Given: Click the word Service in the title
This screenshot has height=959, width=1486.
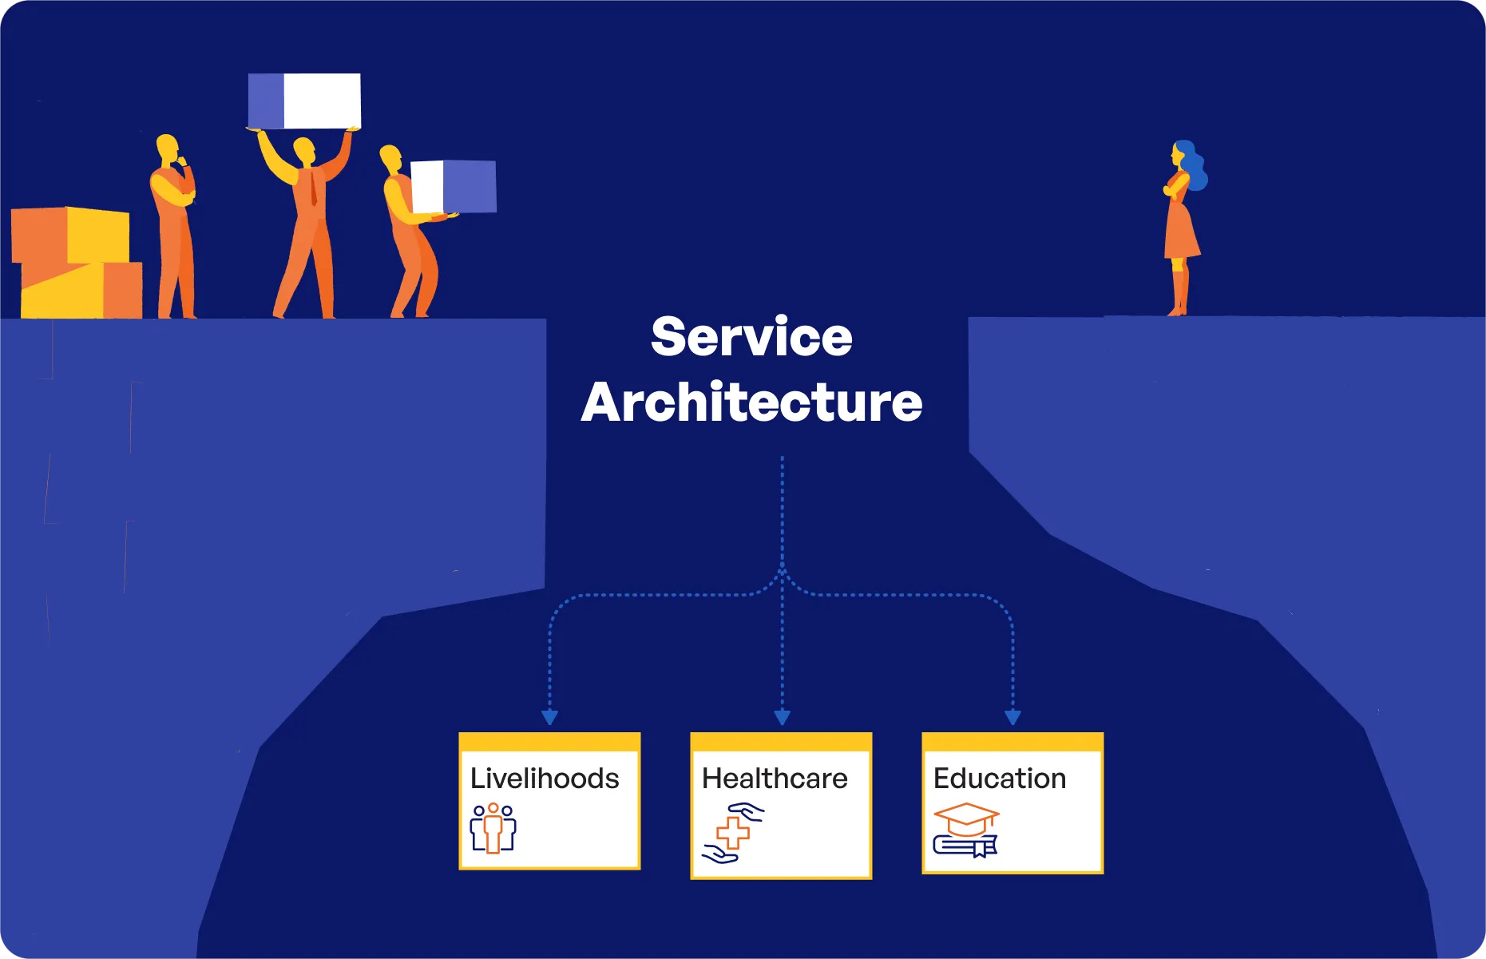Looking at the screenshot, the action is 751,337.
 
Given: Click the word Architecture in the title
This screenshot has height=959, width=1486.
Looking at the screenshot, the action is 751,402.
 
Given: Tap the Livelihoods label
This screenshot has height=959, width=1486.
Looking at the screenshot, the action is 545,779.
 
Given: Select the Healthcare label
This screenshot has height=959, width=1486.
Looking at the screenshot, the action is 775,779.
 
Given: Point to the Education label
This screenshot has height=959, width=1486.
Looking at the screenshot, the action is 1000,779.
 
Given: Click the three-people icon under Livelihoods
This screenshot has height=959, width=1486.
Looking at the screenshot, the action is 493,828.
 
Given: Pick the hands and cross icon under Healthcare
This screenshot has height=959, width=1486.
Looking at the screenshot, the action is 733,833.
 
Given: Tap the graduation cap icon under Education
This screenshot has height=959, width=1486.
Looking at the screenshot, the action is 966,830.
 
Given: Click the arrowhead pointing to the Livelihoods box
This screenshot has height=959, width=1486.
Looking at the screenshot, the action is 549,717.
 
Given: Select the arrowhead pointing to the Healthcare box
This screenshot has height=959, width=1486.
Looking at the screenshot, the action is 783,717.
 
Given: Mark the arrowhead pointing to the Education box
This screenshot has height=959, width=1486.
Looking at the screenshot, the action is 1012,717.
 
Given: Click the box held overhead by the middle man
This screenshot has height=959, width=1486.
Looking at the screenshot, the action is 304,101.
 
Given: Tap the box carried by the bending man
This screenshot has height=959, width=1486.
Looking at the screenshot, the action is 453,186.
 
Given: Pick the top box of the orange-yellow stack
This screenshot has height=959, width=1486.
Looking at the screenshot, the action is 70,235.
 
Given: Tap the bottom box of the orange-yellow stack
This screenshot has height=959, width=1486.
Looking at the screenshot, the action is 81,291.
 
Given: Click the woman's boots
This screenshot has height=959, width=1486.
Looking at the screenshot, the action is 1179,291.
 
